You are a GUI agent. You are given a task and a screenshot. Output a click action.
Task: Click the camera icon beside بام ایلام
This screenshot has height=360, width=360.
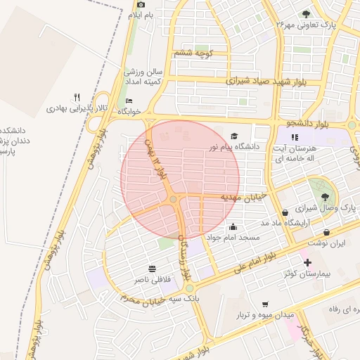(x=141, y=5)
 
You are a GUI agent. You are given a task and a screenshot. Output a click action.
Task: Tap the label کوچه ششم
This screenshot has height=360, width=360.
(x=193, y=53)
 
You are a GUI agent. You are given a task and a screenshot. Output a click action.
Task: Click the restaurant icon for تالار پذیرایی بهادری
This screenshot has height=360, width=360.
(x=77, y=97)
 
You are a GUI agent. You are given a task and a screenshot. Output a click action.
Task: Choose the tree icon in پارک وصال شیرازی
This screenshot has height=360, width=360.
(x=324, y=198)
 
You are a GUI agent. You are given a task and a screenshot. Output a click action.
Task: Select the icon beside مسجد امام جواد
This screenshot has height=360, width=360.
(x=233, y=227)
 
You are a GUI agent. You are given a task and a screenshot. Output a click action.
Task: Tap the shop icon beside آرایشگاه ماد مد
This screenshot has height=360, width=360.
(x=284, y=212)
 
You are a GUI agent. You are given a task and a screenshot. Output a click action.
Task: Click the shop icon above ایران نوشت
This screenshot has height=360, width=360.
(x=327, y=232)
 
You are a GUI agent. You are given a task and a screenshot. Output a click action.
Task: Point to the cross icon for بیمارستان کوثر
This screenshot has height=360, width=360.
(x=307, y=262)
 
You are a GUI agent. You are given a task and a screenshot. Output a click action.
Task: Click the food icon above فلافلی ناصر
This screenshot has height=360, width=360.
(x=152, y=269)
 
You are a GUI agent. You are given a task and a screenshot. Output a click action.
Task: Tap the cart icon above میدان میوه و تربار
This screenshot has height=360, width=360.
(x=264, y=304)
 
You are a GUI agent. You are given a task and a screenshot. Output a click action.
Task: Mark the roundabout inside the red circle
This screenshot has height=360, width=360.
(x=173, y=200)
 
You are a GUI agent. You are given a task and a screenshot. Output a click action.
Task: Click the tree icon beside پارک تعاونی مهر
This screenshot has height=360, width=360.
(x=305, y=13)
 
